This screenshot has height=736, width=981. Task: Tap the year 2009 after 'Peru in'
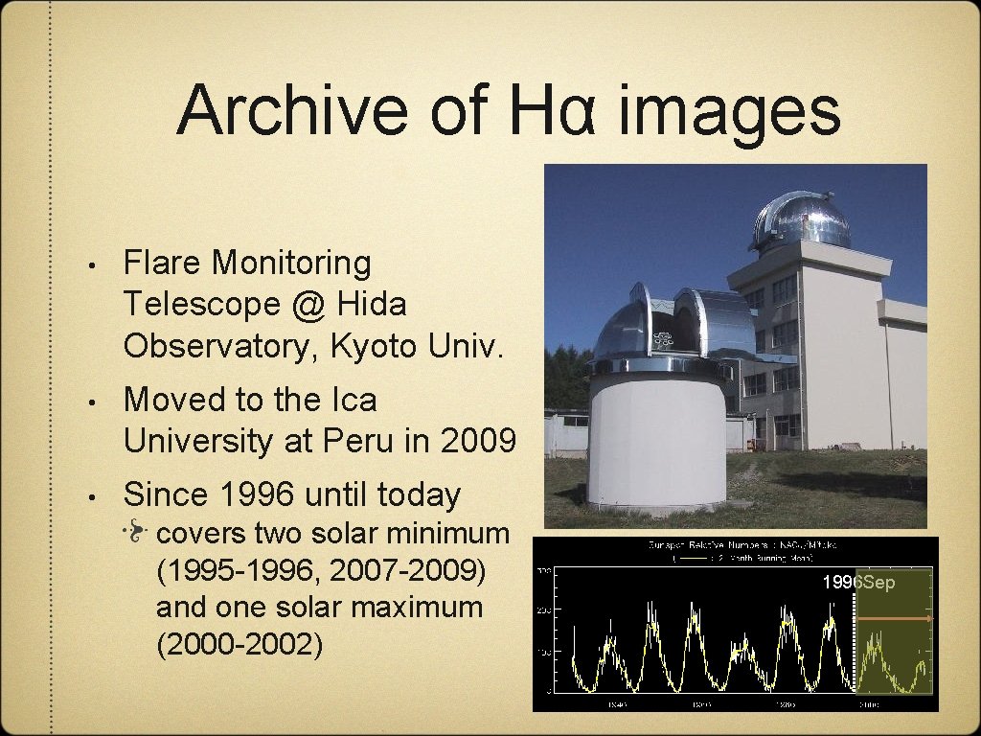(478, 441)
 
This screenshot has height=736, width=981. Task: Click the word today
(419, 494)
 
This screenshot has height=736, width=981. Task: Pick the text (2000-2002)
(239, 645)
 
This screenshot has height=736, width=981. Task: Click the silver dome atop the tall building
(802, 218)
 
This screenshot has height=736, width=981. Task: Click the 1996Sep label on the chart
(857, 583)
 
